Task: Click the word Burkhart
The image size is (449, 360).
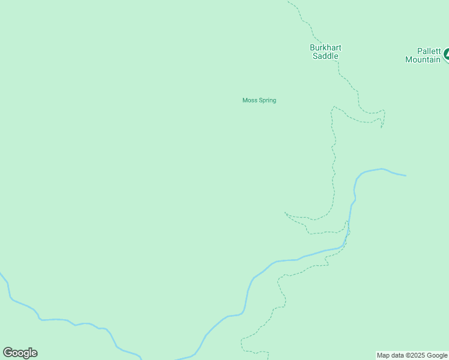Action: pyautogui.click(x=325, y=48)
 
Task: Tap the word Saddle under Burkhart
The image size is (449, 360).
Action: pyautogui.click(x=325, y=56)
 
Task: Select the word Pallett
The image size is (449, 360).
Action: pyautogui.click(x=429, y=51)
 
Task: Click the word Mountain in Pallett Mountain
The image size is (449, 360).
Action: pyautogui.click(x=423, y=59)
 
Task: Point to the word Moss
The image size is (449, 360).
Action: pyautogui.click(x=250, y=100)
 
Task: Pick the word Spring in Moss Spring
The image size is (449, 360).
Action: pyautogui.click(x=267, y=100)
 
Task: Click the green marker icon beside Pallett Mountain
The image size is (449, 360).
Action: pyautogui.click(x=446, y=56)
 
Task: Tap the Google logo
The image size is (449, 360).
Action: pyautogui.click(x=20, y=353)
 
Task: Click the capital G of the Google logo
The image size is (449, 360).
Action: pyautogui.click(x=8, y=353)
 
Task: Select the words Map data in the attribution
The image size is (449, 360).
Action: pyautogui.click(x=390, y=355)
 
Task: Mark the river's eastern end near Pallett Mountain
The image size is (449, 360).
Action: pyautogui.click(x=406, y=176)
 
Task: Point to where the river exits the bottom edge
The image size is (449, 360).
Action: pyautogui.click(x=141, y=359)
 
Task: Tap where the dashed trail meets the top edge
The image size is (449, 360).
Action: pyautogui.click(x=288, y=1)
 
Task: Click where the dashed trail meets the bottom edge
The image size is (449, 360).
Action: pyautogui.click(x=268, y=359)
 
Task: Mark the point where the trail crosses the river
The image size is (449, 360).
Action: pyautogui.click(x=347, y=236)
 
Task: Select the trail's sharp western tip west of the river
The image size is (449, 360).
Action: pyautogui.click(x=285, y=213)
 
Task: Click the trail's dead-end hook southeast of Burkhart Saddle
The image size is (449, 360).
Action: pyautogui.click(x=382, y=127)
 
